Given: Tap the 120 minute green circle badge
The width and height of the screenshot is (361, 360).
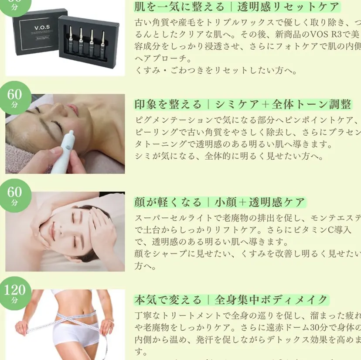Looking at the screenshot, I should pyautogui.click(x=15, y=293).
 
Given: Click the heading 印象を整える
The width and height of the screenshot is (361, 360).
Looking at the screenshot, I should pyautogui.click(x=168, y=105).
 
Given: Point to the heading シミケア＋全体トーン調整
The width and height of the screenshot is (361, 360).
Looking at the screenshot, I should pyautogui.click(x=283, y=105).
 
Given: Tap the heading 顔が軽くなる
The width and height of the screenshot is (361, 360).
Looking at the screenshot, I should pyautogui.click(x=168, y=202).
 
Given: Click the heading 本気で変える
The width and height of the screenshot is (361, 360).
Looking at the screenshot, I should pyautogui.click(x=168, y=300).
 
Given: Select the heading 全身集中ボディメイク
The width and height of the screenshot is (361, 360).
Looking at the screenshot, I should pyautogui.click(x=271, y=300).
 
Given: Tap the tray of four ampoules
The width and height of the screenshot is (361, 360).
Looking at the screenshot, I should pyautogui.click(x=87, y=41).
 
